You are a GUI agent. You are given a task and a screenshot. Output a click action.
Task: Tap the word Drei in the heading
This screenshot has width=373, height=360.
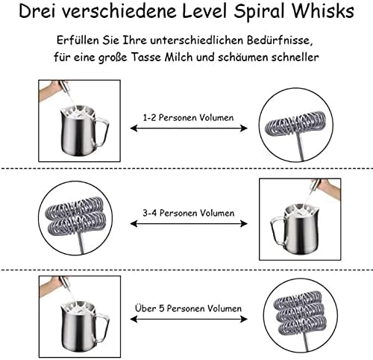37,11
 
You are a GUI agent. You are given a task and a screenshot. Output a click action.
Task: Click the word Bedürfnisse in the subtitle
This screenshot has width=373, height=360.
280,40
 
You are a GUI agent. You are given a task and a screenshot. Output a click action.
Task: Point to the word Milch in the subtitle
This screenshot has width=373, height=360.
178,58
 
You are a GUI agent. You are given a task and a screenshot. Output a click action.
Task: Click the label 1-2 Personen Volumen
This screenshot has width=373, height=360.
188,117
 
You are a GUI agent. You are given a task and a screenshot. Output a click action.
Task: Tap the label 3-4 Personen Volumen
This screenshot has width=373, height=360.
189,213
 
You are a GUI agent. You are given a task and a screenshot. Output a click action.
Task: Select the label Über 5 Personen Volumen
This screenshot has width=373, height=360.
189,308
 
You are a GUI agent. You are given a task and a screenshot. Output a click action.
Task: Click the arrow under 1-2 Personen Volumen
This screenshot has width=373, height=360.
189,128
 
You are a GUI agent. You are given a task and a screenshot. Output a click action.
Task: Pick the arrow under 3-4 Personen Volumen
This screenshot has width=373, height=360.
189,223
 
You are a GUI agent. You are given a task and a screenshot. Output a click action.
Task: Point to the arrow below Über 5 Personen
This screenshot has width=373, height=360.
189,319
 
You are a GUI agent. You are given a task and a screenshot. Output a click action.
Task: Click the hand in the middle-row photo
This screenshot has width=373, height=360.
330,188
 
